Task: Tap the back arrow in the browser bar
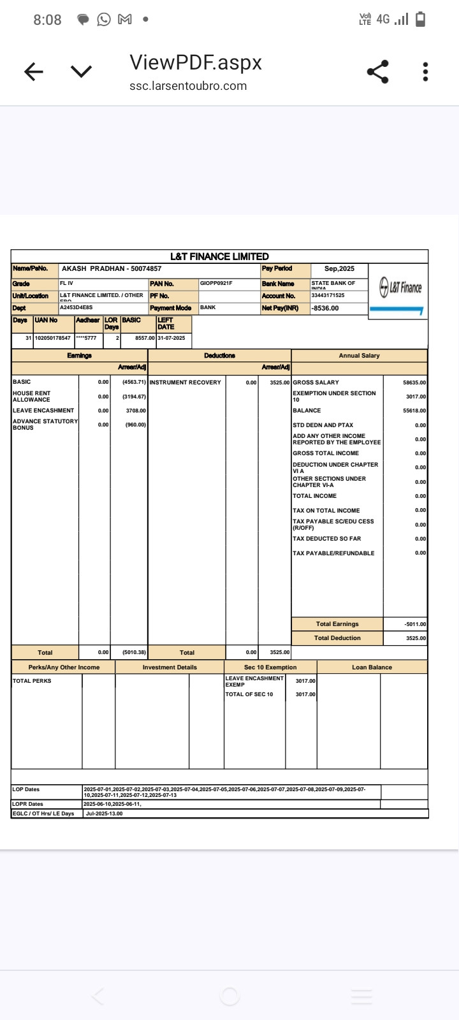point(34,72)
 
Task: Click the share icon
point(378,72)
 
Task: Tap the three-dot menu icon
point(425,72)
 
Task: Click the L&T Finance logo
point(400,288)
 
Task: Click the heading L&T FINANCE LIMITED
point(219,256)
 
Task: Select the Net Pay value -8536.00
point(325,309)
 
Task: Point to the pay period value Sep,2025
point(339,269)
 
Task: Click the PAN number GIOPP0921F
point(216,283)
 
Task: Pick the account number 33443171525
point(328,296)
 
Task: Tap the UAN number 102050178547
point(53,338)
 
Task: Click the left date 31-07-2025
point(171,338)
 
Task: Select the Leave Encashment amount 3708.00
point(136,411)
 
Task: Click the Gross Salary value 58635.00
point(414,382)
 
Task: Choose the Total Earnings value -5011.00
point(415,624)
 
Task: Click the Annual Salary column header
point(359,356)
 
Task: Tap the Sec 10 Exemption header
point(270,667)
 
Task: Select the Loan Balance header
point(372,667)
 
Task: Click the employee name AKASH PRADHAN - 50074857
point(112,269)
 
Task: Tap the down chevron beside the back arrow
point(81,72)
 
